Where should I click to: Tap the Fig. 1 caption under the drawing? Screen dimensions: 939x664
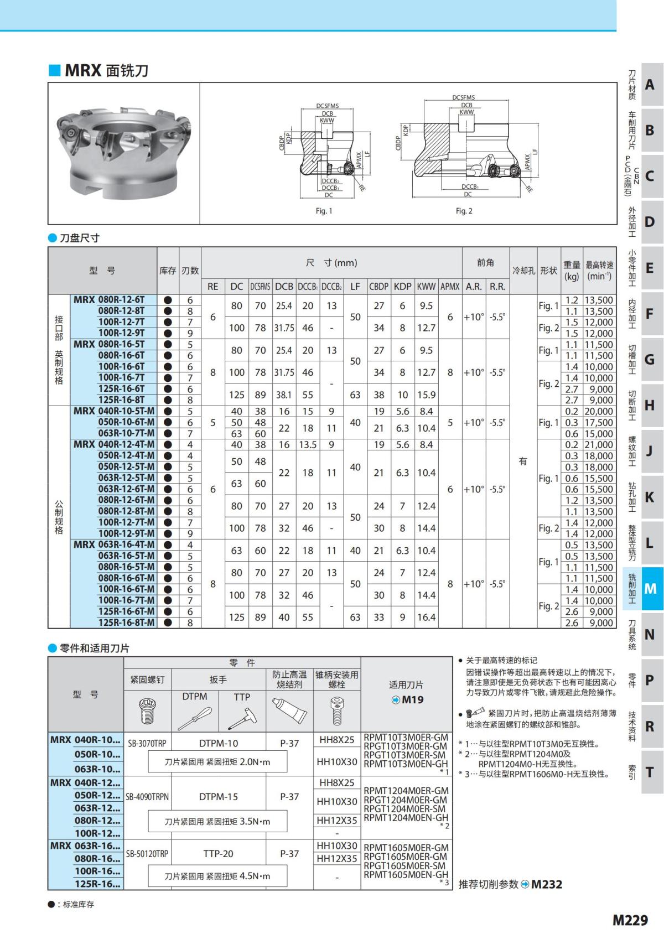coord(324,211)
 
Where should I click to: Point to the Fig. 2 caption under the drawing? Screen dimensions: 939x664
coord(464,211)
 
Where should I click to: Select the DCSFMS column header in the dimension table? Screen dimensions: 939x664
coord(260,287)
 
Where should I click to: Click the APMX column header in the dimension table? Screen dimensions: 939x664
coord(450,287)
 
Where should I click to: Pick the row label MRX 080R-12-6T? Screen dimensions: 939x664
coord(109,300)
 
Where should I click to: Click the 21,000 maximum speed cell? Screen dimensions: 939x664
coord(599,444)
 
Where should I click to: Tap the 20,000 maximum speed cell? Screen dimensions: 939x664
coord(599,411)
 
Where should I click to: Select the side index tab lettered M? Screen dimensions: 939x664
coord(651,589)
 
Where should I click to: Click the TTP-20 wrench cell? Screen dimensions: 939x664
coord(218,854)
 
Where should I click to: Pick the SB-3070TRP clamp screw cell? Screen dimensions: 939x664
coord(147,743)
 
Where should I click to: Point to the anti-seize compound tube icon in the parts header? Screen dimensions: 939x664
coord(289,711)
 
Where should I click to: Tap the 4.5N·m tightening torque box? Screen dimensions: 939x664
coord(217,876)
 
